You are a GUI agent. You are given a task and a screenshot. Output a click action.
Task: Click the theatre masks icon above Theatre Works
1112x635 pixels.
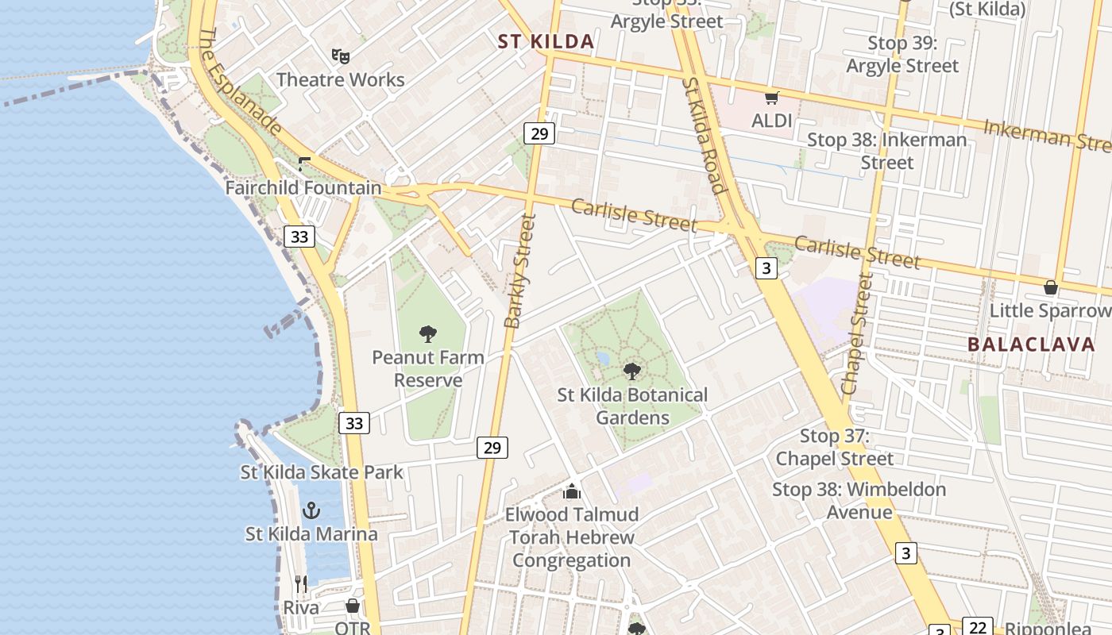[x=341, y=56]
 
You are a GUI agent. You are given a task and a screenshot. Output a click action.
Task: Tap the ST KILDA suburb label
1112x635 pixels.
[x=546, y=42]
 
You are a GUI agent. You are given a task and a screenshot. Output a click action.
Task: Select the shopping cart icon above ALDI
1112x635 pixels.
[x=771, y=98]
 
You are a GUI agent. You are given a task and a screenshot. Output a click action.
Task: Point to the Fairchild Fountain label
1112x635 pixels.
[x=303, y=188]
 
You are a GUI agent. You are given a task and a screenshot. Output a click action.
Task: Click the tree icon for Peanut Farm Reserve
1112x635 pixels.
[x=428, y=333]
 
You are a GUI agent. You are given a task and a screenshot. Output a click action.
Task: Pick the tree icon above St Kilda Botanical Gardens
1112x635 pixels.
[x=632, y=371]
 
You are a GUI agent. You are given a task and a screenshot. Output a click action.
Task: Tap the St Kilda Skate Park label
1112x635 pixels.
[x=322, y=472]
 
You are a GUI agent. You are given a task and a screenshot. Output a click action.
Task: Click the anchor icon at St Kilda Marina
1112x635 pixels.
[x=311, y=510]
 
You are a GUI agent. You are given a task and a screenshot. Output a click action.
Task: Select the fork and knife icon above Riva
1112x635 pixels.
[x=301, y=584]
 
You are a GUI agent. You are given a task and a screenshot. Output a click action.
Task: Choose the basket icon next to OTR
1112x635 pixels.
[x=353, y=606]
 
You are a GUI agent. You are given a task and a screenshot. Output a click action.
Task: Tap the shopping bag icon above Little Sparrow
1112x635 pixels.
[x=1051, y=287]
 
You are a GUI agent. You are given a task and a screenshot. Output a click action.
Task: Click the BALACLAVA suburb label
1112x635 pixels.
[x=1031, y=344]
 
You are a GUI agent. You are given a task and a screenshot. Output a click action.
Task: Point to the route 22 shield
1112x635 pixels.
[x=978, y=628]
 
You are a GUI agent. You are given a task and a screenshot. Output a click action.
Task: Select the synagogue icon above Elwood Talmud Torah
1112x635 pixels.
[x=572, y=491]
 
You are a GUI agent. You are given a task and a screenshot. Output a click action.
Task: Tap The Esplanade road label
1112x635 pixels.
[x=239, y=81]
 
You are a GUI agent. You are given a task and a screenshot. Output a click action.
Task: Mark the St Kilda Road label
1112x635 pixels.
[x=704, y=136]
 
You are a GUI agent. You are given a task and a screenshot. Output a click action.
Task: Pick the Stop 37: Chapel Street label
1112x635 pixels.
[x=834, y=447]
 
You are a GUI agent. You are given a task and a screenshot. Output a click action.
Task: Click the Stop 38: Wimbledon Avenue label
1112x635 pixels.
[x=859, y=501]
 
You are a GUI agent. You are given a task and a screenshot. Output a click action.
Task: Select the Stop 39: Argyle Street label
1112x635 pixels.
[x=902, y=55]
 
